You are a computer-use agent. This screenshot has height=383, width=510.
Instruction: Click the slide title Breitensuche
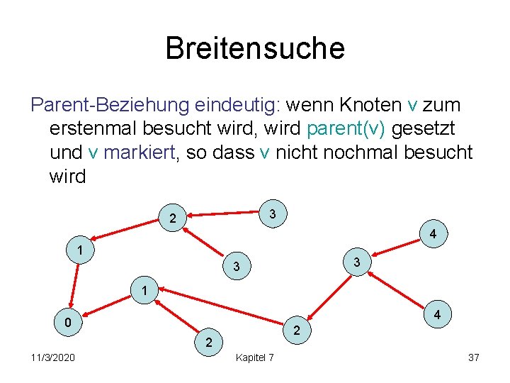pos(255,48)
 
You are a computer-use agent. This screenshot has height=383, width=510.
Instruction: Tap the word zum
pos(443,106)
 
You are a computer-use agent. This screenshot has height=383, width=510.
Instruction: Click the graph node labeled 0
pos(67,323)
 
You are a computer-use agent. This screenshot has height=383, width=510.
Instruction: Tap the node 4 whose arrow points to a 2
pos(438,313)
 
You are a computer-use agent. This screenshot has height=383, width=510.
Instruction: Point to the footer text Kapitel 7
pos(255,357)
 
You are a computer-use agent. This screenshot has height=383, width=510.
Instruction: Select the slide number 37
pos(474,357)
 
